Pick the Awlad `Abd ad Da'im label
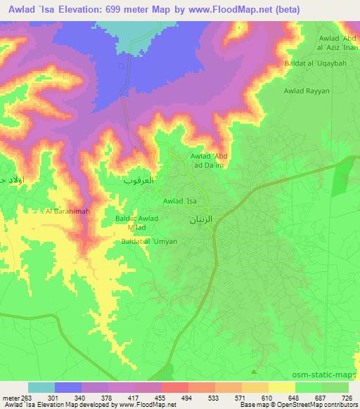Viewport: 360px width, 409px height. [x=211, y=161]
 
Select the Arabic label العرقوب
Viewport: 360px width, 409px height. [x=139, y=181]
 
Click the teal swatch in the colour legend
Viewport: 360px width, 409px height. [x=41, y=387]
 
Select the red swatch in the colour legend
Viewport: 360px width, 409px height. [x=175, y=387]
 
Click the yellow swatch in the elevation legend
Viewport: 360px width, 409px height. [x=282, y=387]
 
